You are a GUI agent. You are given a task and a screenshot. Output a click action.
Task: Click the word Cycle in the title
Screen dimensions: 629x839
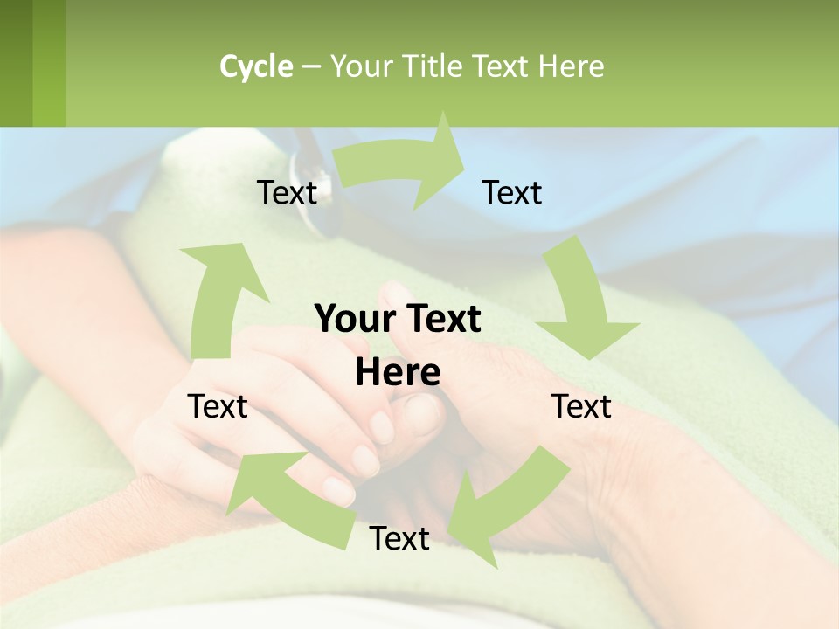tap(256, 66)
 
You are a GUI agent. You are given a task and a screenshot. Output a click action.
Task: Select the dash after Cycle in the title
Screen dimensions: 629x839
tap(311, 66)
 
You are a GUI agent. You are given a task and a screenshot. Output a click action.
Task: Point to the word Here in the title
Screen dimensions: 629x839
tap(571, 66)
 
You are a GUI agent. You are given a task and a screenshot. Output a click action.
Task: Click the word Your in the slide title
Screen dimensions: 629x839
tap(360, 66)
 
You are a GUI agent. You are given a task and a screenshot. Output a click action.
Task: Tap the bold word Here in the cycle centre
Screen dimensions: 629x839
tap(398, 373)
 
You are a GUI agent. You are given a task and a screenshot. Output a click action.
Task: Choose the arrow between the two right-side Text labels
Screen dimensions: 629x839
tap(581, 306)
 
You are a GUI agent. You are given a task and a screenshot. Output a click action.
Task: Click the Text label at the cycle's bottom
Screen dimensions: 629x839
tap(399, 539)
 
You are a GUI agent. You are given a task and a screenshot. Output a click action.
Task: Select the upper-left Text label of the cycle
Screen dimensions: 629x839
tap(287, 193)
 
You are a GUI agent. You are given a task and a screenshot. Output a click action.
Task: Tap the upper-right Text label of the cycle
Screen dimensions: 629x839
tap(512, 193)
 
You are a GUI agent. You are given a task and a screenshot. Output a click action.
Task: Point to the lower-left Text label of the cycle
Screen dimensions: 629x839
tap(218, 406)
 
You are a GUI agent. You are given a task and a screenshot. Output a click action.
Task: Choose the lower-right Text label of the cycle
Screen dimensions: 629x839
tap(581, 406)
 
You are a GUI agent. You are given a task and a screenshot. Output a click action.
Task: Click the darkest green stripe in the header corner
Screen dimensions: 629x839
tap(16, 63)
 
